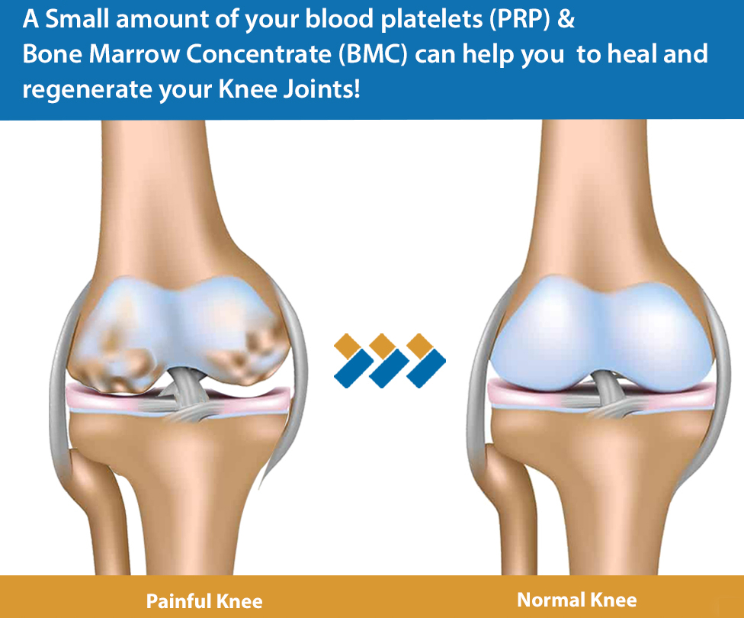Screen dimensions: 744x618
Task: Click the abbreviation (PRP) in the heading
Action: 520,20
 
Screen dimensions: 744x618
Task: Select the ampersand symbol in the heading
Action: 566,19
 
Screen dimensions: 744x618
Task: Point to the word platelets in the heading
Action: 431,20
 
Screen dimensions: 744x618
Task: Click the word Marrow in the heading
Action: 135,54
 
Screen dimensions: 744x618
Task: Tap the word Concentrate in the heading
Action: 258,54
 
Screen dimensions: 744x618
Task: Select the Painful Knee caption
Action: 204,601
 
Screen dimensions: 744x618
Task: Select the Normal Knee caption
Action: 576,600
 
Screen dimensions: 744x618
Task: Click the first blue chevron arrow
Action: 354,369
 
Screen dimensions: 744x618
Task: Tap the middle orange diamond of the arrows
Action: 383,346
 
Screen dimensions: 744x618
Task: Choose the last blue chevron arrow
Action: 427,369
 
